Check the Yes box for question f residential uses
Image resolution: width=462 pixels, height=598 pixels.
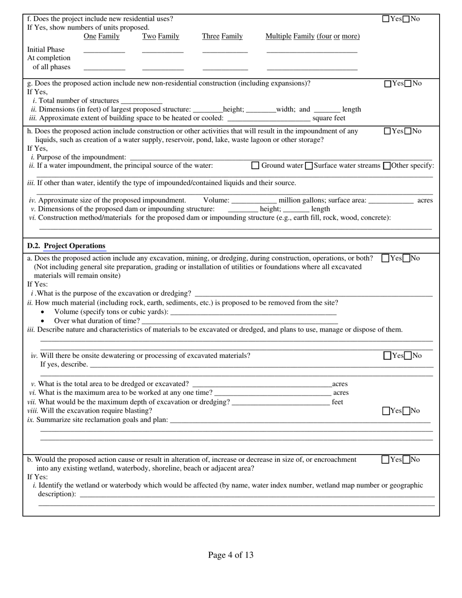click(x=386, y=19)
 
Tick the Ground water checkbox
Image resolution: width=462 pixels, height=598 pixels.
click(x=255, y=166)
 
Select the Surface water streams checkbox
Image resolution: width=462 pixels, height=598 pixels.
click(x=308, y=166)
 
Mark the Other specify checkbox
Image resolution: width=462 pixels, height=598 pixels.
click(x=387, y=166)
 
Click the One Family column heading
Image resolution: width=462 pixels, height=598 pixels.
click(x=102, y=36)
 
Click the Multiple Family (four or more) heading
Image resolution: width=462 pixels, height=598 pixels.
click(x=312, y=36)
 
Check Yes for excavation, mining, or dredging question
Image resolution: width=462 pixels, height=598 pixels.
click(x=386, y=259)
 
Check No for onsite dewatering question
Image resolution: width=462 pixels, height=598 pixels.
click(x=408, y=356)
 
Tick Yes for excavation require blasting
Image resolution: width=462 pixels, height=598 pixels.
click(x=386, y=411)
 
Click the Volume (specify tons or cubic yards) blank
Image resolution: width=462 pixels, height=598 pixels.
click(x=253, y=312)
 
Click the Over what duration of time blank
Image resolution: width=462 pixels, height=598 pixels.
click(x=240, y=321)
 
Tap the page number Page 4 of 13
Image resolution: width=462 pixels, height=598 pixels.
click(x=231, y=555)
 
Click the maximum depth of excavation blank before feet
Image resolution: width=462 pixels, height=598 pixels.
click(x=281, y=402)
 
